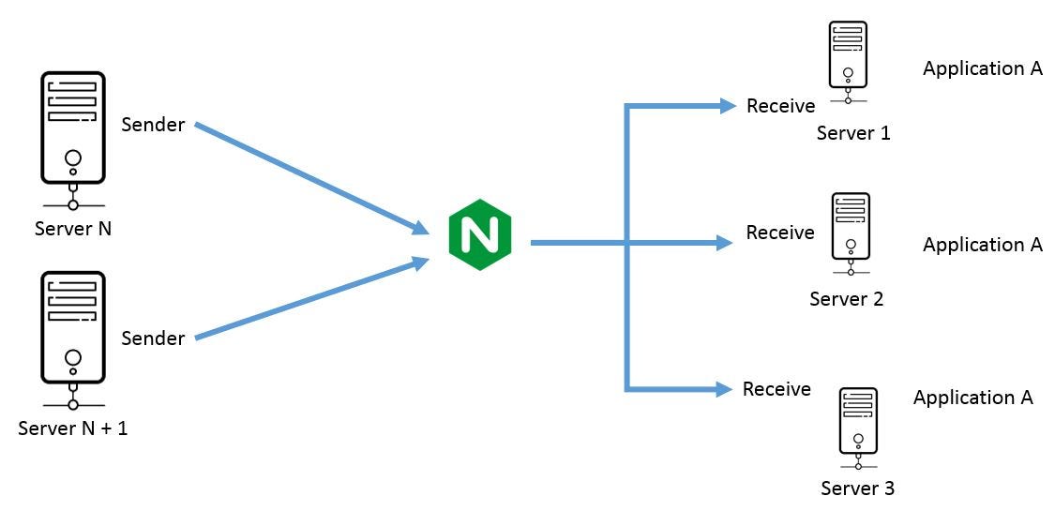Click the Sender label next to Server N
click(x=154, y=125)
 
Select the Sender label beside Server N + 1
click(x=154, y=338)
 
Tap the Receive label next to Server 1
click(x=780, y=106)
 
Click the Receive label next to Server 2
click(x=780, y=232)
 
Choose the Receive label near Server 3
click(x=776, y=388)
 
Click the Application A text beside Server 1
click(x=982, y=68)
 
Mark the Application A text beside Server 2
click(x=982, y=245)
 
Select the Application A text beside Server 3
click(x=972, y=398)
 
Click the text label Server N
click(x=73, y=228)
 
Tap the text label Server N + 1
click(x=73, y=428)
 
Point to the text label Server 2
click(x=847, y=299)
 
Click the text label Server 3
click(x=857, y=488)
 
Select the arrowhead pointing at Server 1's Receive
click(x=727, y=106)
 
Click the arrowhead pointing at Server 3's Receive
click(x=723, y=388)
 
